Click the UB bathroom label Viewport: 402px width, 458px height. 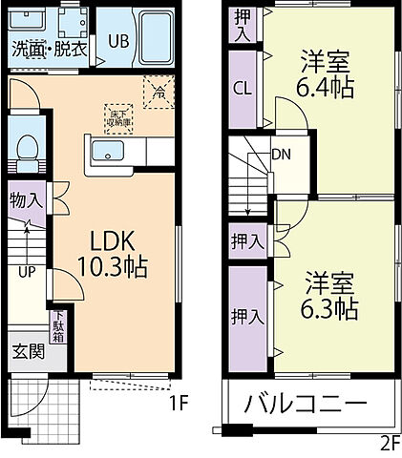[118, 40]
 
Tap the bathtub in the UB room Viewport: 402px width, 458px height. [153, 34]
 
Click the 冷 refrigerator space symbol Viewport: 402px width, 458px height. [157, 93]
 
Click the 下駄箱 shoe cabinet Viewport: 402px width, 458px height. [58, 325]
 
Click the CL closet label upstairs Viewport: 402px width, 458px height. [243, 89]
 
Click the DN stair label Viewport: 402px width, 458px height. [281, 155]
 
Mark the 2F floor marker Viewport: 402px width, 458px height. [387, 442]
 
